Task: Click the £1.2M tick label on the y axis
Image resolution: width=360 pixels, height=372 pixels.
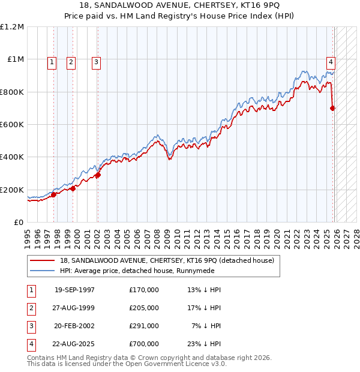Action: [12, 27]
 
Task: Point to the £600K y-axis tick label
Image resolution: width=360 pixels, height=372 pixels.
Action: [12, 125]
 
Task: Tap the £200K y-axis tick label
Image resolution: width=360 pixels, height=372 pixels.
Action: [12, 190]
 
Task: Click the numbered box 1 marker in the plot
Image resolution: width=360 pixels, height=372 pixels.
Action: [52, 61]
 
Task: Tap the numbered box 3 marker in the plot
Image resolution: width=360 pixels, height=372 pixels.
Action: [96, 61]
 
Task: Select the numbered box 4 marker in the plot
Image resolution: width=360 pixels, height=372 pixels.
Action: [331, 61]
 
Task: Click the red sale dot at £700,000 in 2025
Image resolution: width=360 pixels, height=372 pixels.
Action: [333, 109]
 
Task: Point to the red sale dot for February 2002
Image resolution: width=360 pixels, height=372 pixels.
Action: [98, 175]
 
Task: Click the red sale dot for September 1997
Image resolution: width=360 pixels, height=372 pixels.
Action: [54, 194]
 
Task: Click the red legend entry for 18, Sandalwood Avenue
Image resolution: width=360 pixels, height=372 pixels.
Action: [167, 260]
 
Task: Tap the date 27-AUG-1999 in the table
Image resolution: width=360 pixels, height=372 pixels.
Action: [74, 308]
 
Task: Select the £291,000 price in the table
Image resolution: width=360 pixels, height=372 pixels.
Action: [144, 326]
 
